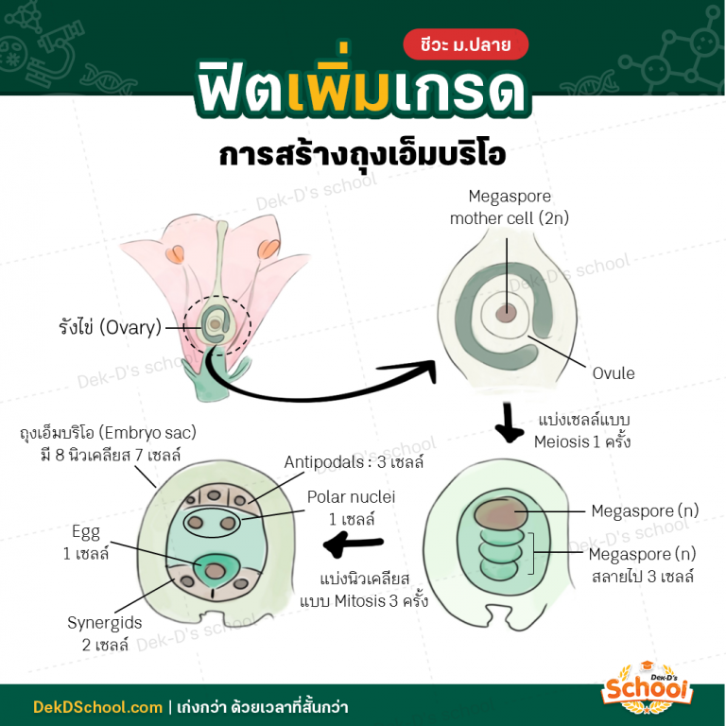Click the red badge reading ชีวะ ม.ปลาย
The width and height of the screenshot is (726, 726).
click(465, 44)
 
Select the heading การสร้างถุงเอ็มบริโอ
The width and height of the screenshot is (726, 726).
click(363, 153)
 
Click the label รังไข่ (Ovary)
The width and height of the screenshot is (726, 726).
click(111, 327)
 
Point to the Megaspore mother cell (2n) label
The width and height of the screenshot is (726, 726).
click(510, 207)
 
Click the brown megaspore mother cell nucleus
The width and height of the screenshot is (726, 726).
click(506, 314)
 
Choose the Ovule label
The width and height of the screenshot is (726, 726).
click(614, 373)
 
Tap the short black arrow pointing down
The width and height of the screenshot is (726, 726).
click(509, 423)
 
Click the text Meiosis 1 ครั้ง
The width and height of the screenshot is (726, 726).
click(582, 441)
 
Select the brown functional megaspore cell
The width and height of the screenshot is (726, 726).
click(500, 513)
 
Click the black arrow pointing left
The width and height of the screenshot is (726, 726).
click(354, 543)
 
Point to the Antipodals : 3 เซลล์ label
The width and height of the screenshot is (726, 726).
click(354, 462)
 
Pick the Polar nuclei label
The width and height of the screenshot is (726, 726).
click(351, 497)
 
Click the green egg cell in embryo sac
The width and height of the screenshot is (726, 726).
click(214, 571)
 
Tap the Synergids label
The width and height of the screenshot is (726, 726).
click(105, 623)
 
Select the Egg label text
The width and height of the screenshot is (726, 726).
click(86, 532)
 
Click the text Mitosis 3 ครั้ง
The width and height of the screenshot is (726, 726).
click(381, 601)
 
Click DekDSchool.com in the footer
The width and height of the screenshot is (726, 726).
click(97, 707)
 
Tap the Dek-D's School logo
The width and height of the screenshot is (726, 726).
click(647, 687)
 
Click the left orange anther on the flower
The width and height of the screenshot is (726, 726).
click(176, 254)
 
